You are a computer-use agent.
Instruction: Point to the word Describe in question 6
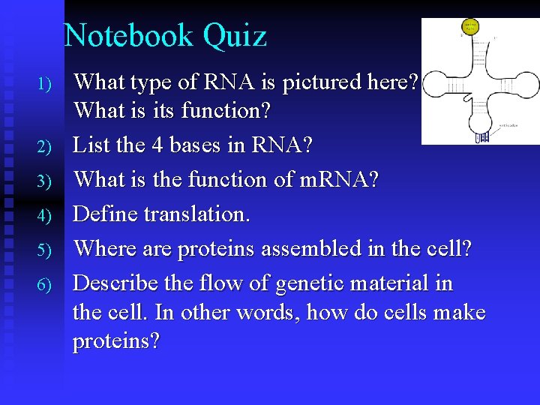(x=112, y=283)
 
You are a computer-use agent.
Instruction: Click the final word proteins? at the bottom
(x=116, y=341)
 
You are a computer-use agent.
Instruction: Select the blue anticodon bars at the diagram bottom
(x=482, y=137)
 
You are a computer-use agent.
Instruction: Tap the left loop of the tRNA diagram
(x=442, y=83)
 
